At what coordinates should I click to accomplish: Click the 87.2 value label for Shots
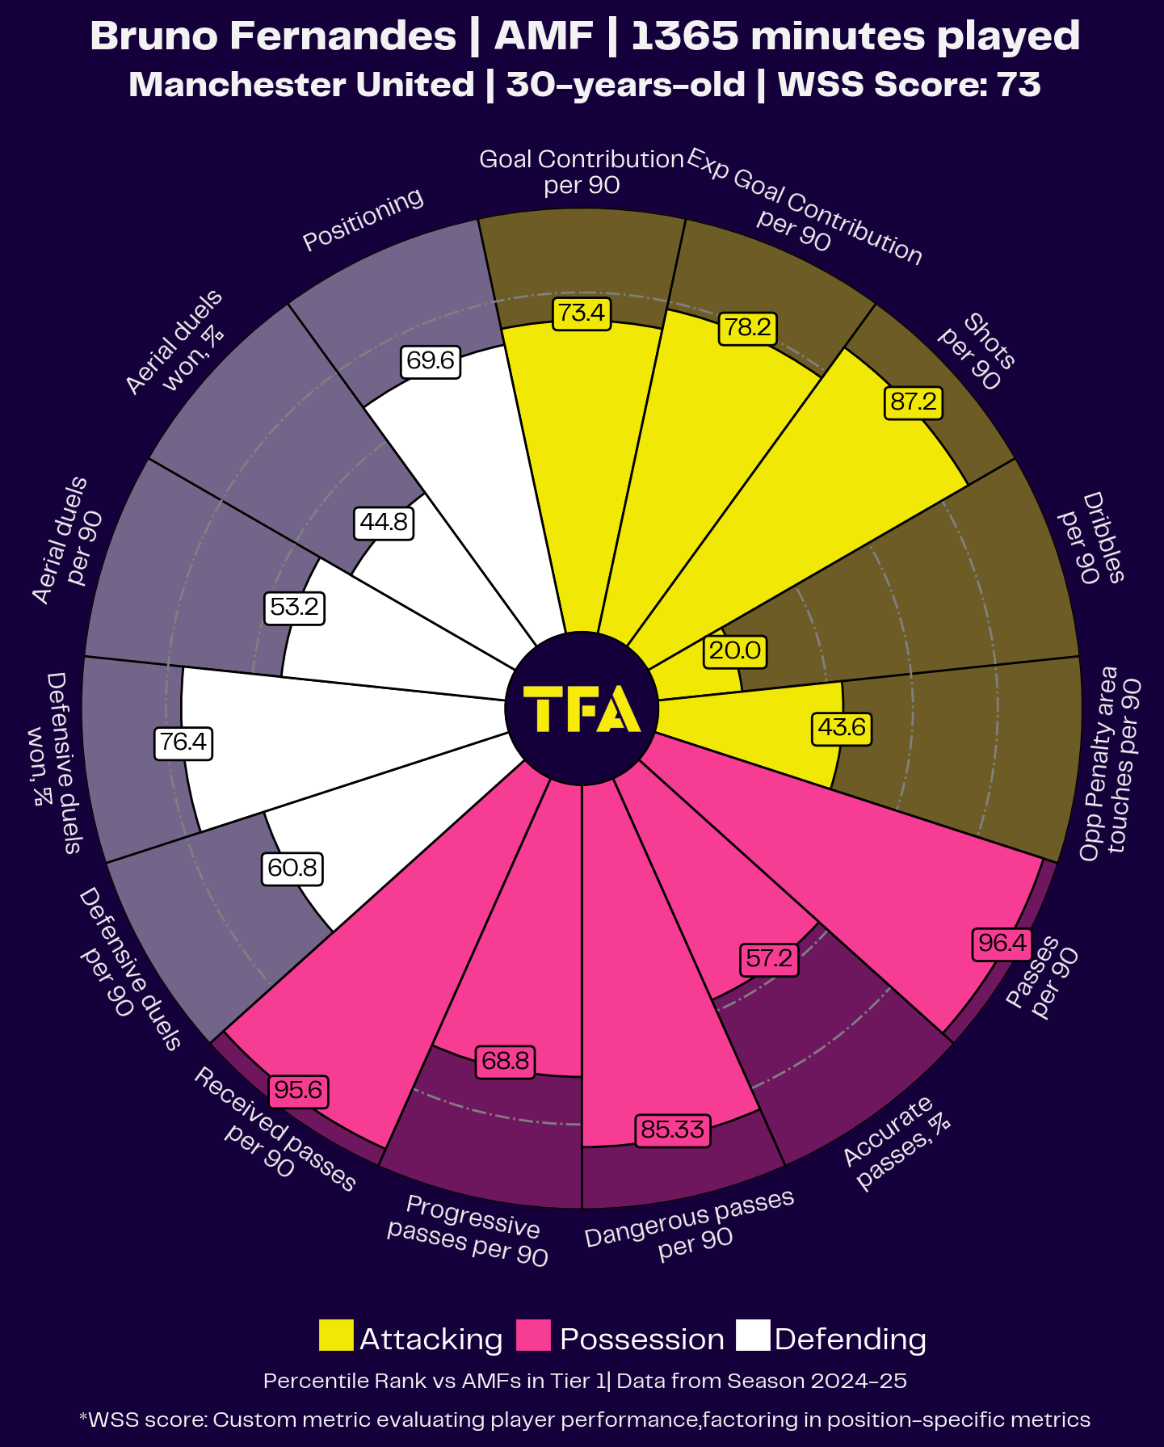click(x=914, y=402)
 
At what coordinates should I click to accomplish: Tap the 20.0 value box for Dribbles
click(x=734, y=651)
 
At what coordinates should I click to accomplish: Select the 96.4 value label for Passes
click(x=1002, y=943)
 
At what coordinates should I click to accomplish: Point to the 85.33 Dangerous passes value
click(x=672, y=1129)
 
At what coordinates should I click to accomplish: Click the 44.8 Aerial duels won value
click(x=384, y=523)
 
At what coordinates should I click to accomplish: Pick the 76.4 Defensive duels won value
click(x=183, y=742)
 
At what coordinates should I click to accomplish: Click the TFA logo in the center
click(x=582, y=709)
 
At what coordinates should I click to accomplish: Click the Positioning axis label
click(x=363, y=219)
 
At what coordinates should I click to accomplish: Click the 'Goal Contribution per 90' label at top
click(x=582, y=171)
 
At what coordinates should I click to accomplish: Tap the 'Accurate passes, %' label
click(x=895, y=1142)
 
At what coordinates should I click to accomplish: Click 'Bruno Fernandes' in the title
click(x=273, y=36)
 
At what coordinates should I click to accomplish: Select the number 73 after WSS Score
click(x=1019, y=85)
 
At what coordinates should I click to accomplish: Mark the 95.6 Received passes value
click(x=298, y=1091)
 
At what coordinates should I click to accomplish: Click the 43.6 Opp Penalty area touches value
click(x=841, y=727)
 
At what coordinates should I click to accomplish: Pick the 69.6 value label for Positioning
click(x=431, y=360)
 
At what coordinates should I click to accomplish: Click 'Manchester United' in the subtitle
click(x=301, y=85)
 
